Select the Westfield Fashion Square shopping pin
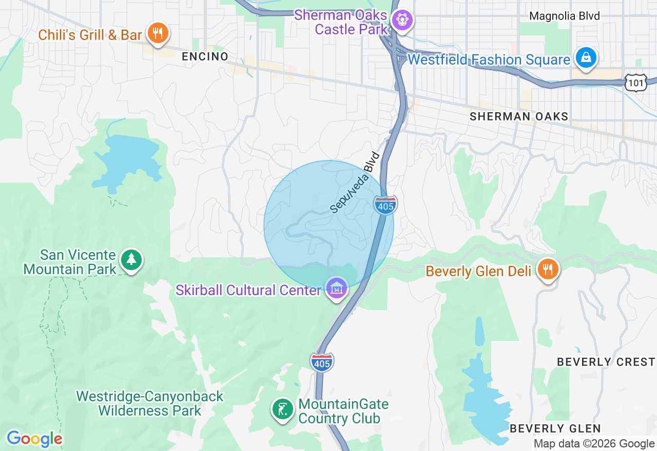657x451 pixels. pyautogui.click(x=585, y=57)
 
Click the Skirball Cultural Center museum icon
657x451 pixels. pyautogui.click(x=337, y=289)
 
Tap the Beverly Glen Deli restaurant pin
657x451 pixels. pyautogui.click(x=548, y=269)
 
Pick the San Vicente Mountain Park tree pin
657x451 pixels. pyautogui.click(x=131, y=260)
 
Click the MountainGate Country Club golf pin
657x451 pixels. pyautogui.click(x=282, y=409)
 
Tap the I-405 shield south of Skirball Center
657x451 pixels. pyautogui.click(x=322, y=362)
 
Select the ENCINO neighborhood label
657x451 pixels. pyautogui.click(x=205, y=57)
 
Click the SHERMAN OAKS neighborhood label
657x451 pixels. pyautogui.click(x=519, y=117)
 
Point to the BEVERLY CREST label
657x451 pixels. pyautogui.click(x=606, y=362)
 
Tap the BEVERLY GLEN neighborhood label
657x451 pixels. pyautogui.click(x=555, y=428)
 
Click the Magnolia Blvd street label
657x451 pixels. pyautogui.click(x=564, y=16)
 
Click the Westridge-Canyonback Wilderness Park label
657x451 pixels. pyautogui.click(x=150, y=403)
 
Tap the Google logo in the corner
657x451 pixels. pyautogui.click(x=34, y=439)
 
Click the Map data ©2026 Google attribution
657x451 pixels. pyautogui.click(x=594, y=444)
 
